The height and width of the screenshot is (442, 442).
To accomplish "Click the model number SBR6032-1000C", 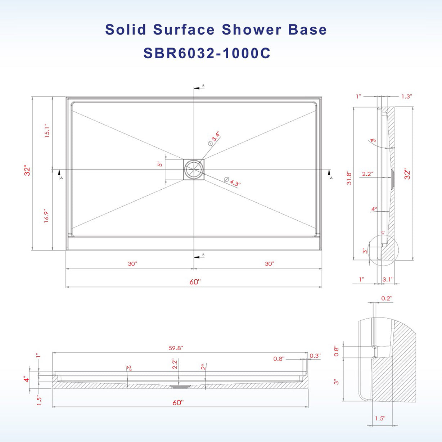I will (207, 54).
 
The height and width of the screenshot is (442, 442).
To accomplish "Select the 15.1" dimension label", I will (47, 131).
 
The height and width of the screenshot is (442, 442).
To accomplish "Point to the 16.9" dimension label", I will (47, 216).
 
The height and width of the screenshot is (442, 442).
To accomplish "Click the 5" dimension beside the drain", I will (160, 164).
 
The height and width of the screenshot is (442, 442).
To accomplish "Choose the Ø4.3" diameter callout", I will (232, 181).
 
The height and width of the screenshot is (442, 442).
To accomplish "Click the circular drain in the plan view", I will (194, 169).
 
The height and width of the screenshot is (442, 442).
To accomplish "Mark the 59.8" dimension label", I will (176, 348).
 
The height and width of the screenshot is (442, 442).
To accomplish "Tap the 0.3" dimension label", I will (315, 356).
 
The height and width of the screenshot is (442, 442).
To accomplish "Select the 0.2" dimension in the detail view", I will (387, 298).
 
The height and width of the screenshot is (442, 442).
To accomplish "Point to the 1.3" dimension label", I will (406, 96).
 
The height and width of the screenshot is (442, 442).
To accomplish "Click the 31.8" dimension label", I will (349, 178).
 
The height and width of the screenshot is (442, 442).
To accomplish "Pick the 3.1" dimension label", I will (388, 279).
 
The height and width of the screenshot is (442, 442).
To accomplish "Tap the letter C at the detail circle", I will (383, 233).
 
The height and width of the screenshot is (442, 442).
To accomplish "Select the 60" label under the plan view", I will (194, 282).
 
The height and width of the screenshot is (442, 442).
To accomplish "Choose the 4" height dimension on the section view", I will (26, 380).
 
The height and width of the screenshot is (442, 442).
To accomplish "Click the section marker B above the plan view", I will (203, 86).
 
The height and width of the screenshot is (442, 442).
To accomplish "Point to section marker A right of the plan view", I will (331, 178).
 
